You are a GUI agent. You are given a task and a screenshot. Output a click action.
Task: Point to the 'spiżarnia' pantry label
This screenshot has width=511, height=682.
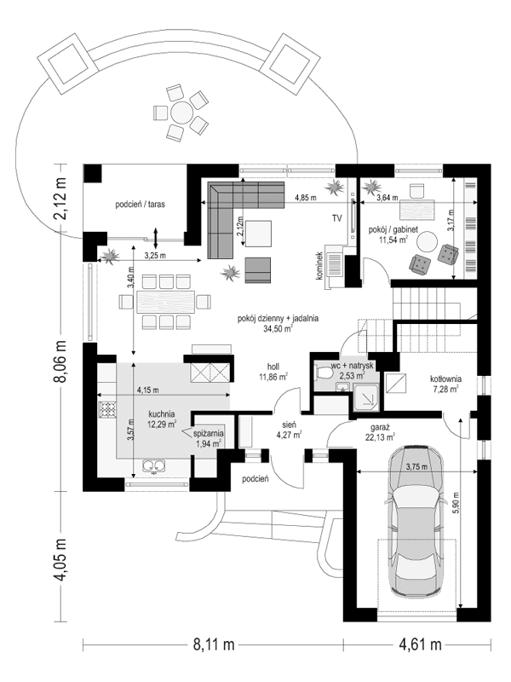(x=209, y=432)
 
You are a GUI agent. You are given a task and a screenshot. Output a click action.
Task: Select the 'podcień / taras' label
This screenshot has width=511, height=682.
(x=142, y=205)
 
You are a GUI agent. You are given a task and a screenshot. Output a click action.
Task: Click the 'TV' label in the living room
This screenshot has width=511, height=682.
(x=337, y=218)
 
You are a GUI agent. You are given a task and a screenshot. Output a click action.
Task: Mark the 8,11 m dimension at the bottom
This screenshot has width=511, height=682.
(x=212, y=644)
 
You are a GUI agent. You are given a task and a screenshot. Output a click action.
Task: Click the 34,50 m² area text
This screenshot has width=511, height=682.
(x=278, y=327)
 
